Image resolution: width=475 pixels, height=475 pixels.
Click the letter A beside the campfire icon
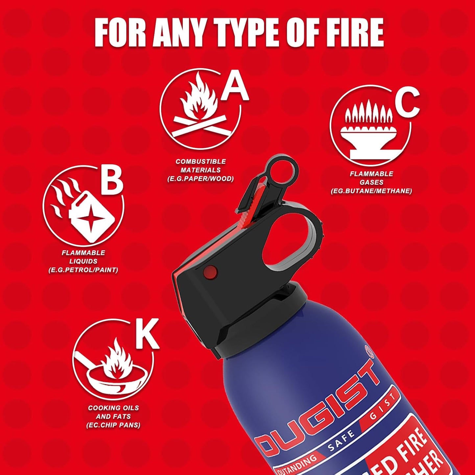click(235, 87)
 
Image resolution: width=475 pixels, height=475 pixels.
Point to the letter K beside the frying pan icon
click(147, 334)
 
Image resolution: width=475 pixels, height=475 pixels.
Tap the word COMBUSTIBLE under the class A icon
click(201, 161)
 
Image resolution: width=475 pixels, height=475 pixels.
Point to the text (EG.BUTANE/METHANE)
click(371, 191)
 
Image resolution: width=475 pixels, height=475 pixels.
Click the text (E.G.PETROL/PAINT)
click(83, 270)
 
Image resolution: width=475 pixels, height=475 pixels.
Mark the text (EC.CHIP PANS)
click(113, 425)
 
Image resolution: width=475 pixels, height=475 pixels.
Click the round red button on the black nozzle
click(210, 272)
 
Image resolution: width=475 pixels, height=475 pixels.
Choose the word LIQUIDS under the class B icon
click(83, 261)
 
